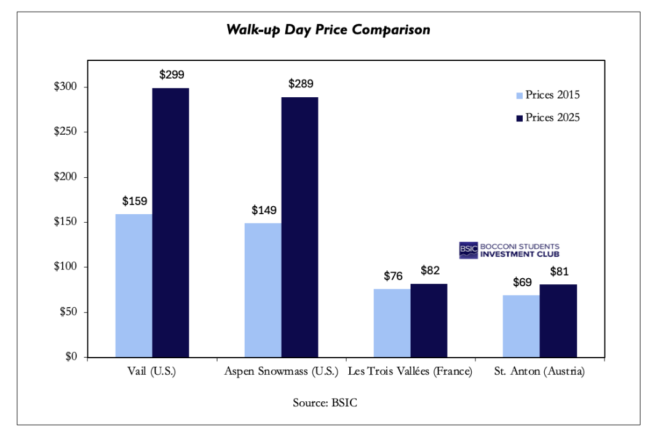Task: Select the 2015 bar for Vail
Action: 134,286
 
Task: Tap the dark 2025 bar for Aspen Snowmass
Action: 299,227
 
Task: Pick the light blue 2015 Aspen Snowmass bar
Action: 263,290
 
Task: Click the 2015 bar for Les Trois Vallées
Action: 392,323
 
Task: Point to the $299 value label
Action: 172,75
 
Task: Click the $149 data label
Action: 264,210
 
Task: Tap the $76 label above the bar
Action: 393,276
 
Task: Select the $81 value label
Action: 558,271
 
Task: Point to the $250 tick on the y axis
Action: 65,132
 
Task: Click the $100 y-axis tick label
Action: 65,267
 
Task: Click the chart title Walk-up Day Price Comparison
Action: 328,30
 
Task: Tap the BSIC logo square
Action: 468,251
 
